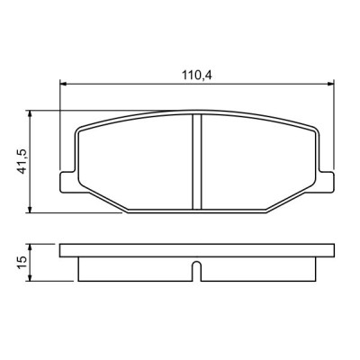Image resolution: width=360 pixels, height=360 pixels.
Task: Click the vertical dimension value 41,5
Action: coord(20,163)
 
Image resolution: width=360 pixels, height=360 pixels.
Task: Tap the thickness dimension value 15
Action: coord(20,262)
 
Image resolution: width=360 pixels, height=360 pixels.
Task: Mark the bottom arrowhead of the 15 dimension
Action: coord(31,277)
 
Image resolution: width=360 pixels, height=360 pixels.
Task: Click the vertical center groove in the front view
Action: coord(196,162)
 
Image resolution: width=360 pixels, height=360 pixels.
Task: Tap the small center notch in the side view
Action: coord(196,268)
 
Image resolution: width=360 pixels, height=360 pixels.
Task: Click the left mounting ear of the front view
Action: coord(66,179)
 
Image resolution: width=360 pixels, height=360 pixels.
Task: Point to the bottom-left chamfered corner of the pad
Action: coord(103,202)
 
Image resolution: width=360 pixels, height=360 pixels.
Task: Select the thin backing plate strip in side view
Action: coord(196,251)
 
